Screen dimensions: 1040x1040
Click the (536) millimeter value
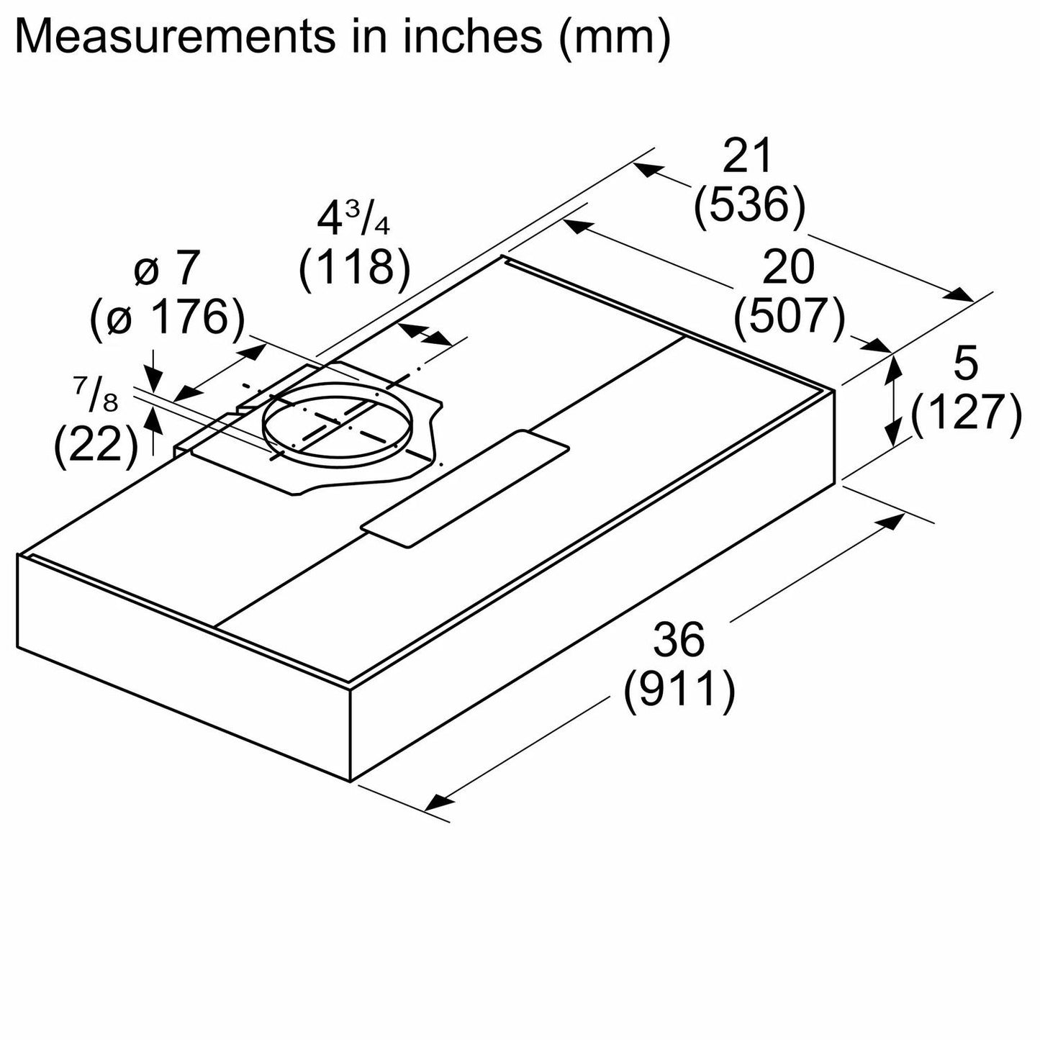(749, 206)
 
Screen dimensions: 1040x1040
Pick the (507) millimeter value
(790, 317)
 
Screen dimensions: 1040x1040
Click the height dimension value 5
(965, 366)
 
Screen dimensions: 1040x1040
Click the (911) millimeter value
(679, 689)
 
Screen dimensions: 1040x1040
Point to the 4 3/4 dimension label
(353, 220)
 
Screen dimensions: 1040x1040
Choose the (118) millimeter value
(354, 268)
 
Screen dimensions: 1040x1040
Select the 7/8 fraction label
(95, 395)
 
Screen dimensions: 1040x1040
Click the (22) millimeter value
(96, 446)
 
